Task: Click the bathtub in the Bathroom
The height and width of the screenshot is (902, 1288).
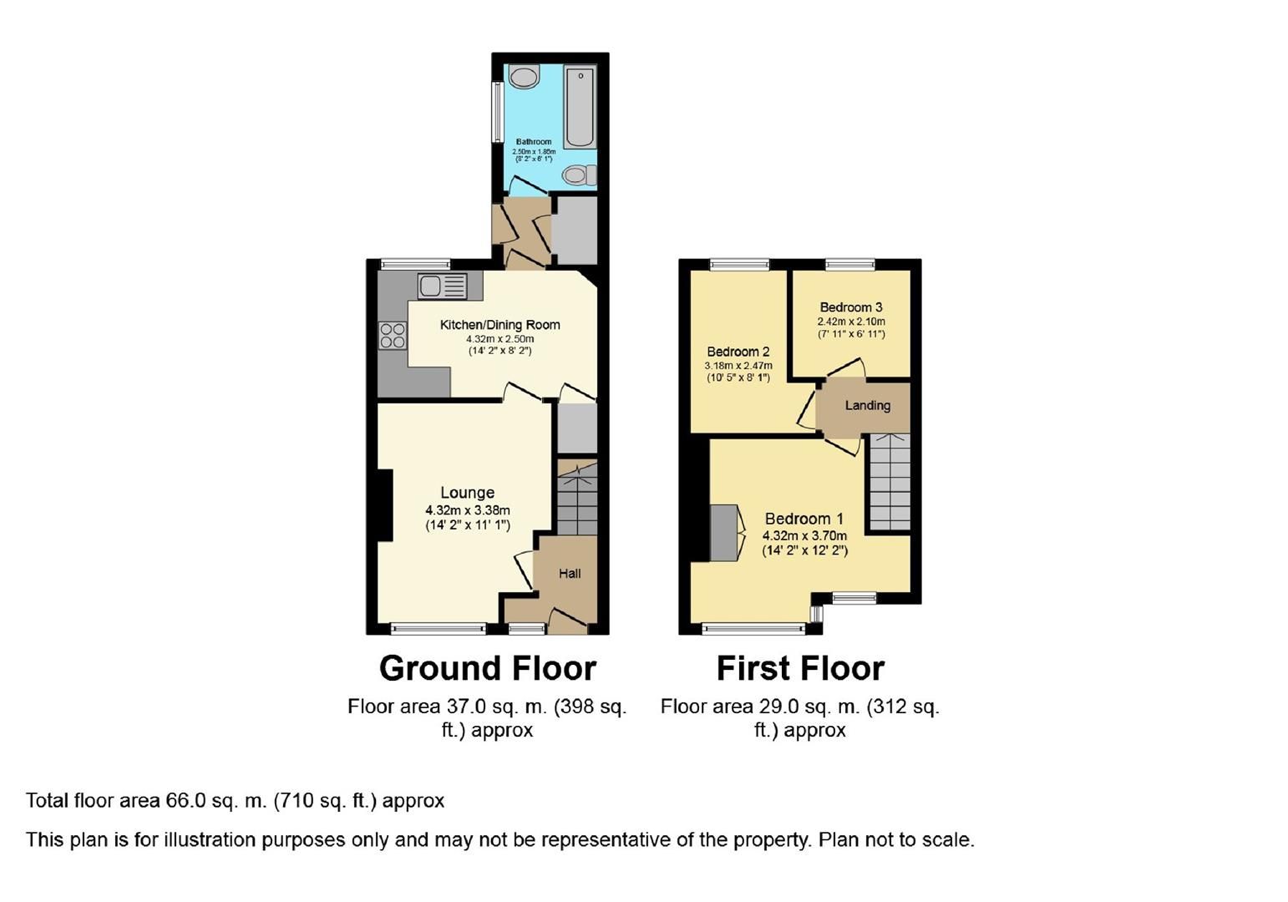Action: tap(580, 106)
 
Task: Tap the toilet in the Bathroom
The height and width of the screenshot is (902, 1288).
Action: tap(578, 175)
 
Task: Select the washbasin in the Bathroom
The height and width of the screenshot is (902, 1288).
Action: tap(525, 78)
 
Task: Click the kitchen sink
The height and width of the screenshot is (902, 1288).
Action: tap(443, 286)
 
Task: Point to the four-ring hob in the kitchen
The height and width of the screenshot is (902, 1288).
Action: tap(393, 336)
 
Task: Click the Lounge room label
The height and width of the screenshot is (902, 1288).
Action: tap(468, 493)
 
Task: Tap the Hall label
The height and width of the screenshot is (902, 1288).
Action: tap(570, 574)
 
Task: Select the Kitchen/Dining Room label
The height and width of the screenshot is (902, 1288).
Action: tap(499, 325)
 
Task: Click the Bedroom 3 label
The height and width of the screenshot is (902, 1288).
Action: tap(850, 307)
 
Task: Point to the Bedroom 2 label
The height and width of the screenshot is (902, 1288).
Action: tap(738, 352)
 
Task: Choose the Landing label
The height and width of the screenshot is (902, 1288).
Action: tap(867, 406)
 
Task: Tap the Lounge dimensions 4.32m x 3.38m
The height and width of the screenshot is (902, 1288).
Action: tap(468, 510)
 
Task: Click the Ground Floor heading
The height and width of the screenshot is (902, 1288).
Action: tap(488, 668)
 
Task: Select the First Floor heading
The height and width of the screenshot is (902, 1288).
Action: tap(800, 668)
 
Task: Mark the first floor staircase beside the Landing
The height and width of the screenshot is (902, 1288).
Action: tap(890, 482)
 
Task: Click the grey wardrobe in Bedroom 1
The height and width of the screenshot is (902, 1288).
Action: tap(724, 533)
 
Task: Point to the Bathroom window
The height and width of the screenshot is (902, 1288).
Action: tap(496, 111)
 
